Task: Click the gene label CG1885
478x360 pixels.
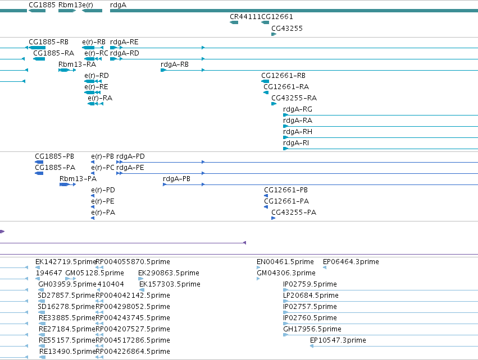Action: pos(42,5)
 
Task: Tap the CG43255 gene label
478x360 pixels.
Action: pos(287,28)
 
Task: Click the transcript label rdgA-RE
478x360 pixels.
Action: pos(124,41)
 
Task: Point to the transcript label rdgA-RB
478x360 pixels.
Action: pos(174,64)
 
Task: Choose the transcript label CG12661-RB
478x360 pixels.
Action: pos(283,76)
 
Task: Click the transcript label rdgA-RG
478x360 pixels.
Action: pos(298,109)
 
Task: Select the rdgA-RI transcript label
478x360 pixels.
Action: pos(295,143)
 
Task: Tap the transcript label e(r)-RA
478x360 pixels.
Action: pos(100,98)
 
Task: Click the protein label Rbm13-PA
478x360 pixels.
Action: pos(78,179)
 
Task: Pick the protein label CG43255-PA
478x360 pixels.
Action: pos(294,212)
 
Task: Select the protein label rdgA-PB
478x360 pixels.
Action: pos(176,179)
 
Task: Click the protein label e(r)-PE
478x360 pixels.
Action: pos(102,201)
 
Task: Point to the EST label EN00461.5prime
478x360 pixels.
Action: pos(285,262)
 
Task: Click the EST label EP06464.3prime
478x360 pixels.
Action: pos(351,262)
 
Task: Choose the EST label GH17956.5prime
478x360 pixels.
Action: pos(312,329)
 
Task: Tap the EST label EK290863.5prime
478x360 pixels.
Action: pos(169,273)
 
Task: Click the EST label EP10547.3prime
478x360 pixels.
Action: pos(338,340)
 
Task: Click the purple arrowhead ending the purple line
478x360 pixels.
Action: pos(244,243)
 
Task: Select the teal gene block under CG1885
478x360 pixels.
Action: pos(37,11)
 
